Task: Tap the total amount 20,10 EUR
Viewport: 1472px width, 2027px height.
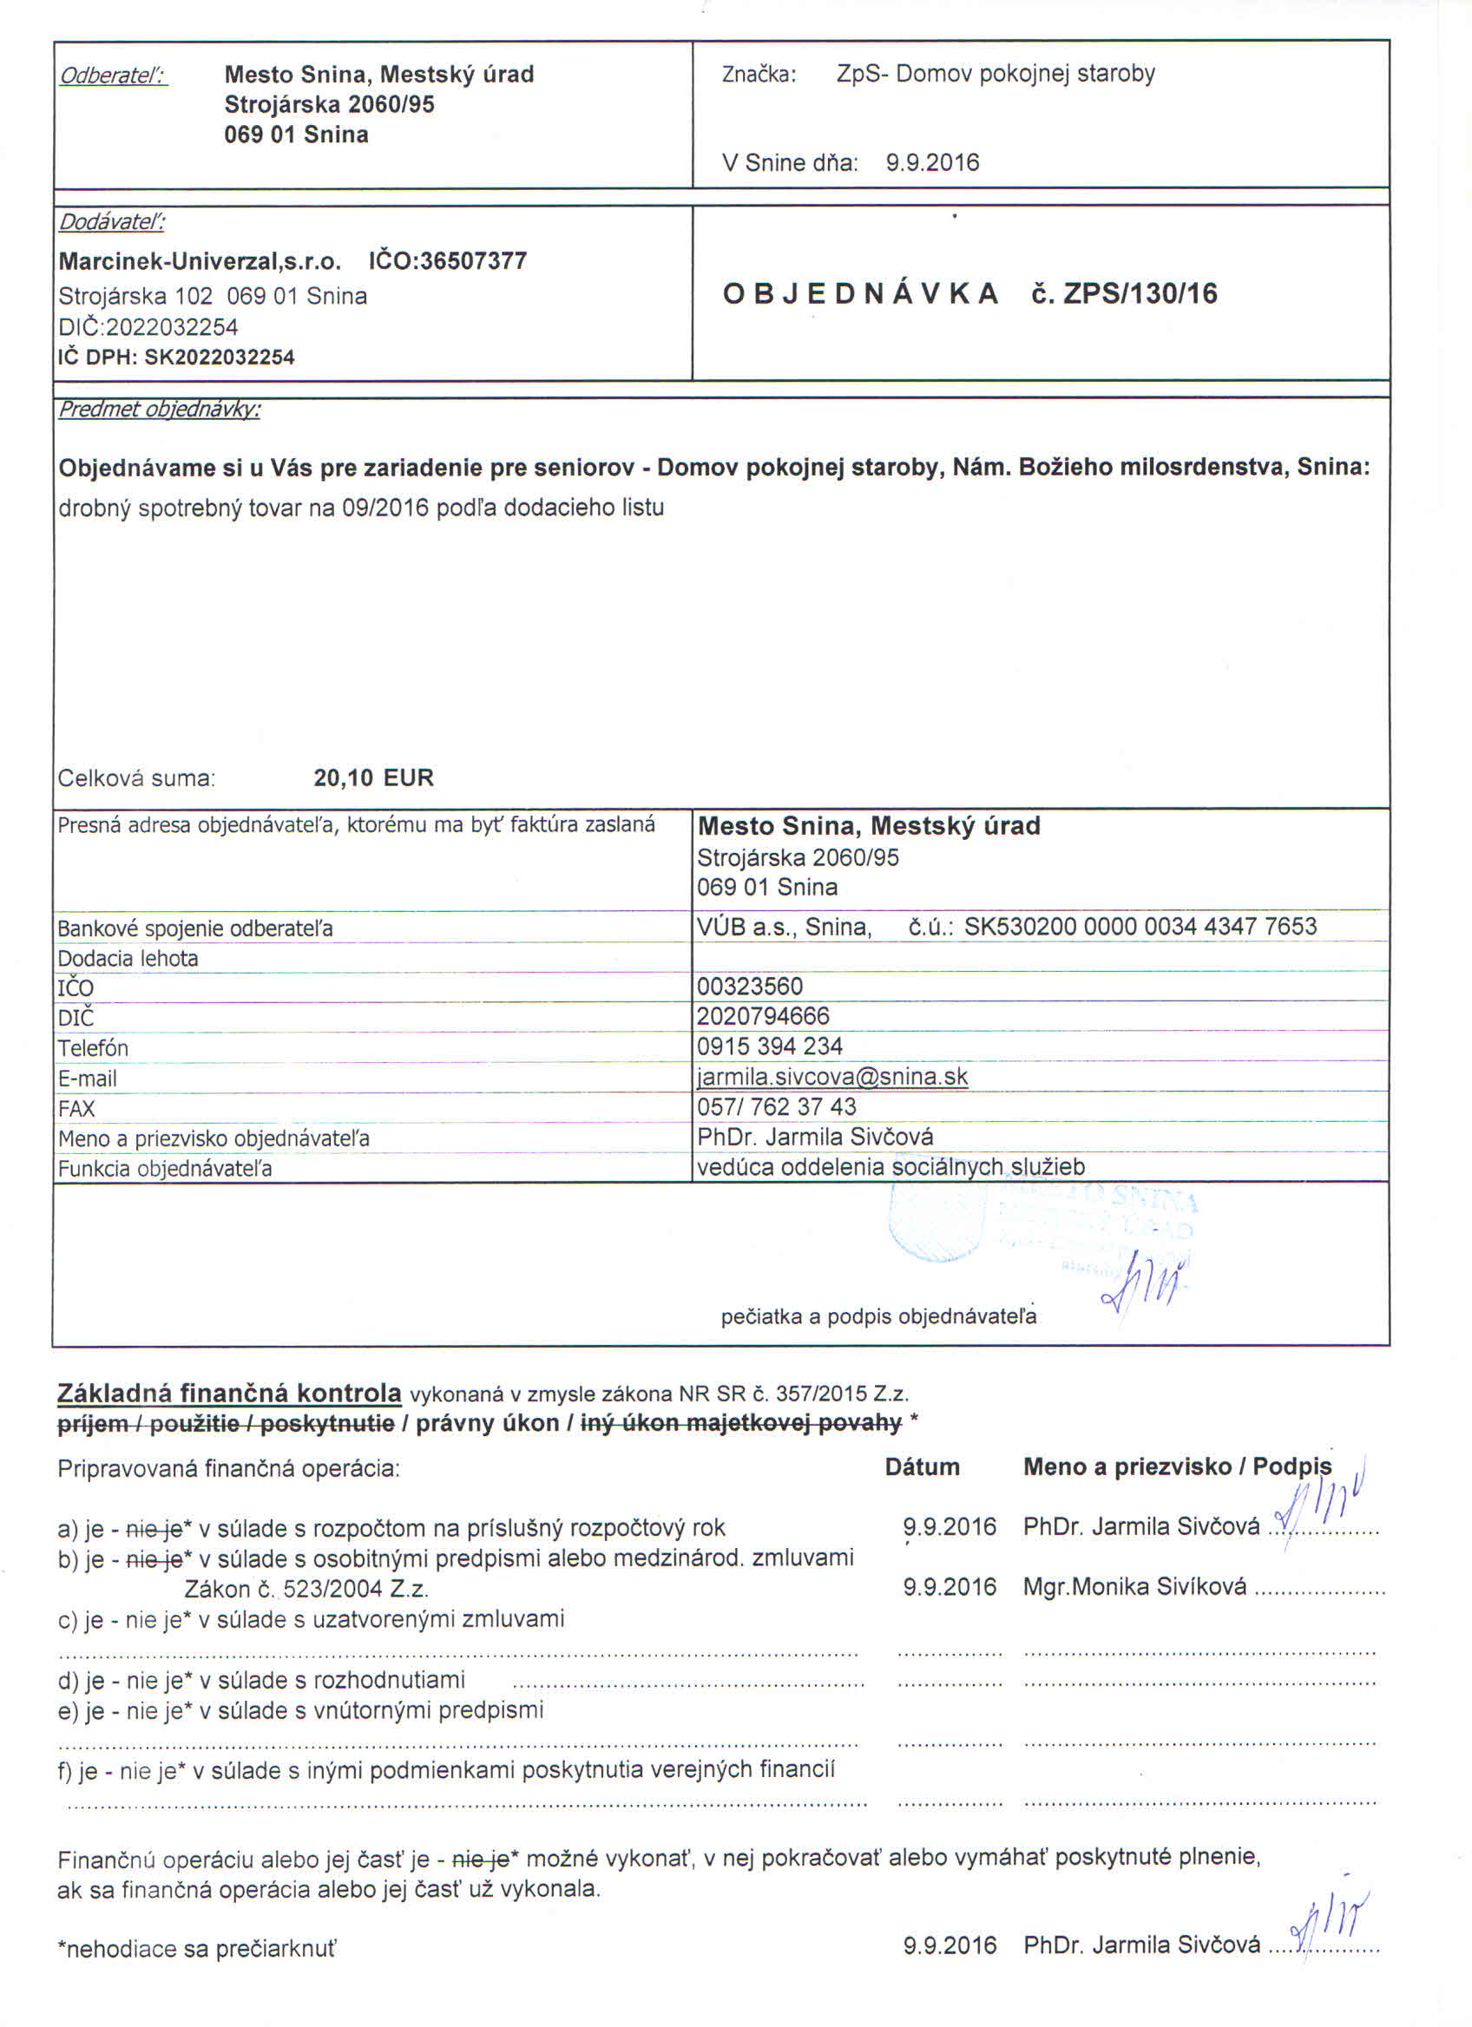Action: pyautogui.click(x=373, y=777)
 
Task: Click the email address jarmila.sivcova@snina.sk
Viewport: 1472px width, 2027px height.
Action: pyautogui.click(x=832, y=1076)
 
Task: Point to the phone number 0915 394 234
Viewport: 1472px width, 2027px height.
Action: pyautogui.click(x=770, y=1046)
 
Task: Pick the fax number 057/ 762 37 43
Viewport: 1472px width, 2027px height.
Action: pyautogui.click(x=776, y=1106)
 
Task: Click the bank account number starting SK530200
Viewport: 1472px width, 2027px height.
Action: pyautogui.click(x=1140, y=926)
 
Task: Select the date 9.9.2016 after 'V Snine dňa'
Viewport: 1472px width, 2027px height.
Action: pyautogui.click(x=932, y=162)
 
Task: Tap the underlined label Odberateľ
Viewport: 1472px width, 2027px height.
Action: pyautogui.click(x=113, y=76)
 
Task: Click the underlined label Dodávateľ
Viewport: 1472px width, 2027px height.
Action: pyautogui.click(x=112, y=221)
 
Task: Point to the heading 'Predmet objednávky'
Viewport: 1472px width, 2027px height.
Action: pyautogui.click(x=159, y=410)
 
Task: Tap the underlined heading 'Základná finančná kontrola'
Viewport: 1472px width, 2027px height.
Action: pyautogui.click(x=229, y=1394)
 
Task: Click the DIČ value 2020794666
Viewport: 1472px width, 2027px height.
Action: pyautogui.click(x=763, y=1016)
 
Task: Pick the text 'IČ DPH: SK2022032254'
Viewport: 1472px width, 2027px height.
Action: pyautogui.click(x=176, y=358)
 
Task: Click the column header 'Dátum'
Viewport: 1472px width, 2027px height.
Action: pyautogui.click(x=922, y=1466)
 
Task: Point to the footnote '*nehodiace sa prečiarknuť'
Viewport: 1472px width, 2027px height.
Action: pyautogui.click(x=197, y=1948)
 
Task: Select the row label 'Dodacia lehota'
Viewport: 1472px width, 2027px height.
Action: pyautogui.click(x=128, y=958)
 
